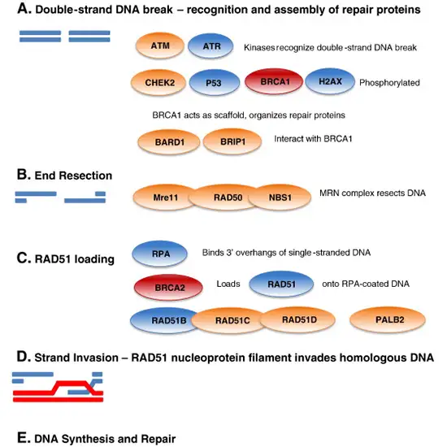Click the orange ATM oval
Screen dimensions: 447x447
[158, 47]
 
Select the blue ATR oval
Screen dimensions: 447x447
[212, 48]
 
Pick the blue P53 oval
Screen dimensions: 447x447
[213, 84]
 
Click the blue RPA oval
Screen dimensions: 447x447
[159, 254]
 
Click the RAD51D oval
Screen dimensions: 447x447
[293, 319]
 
